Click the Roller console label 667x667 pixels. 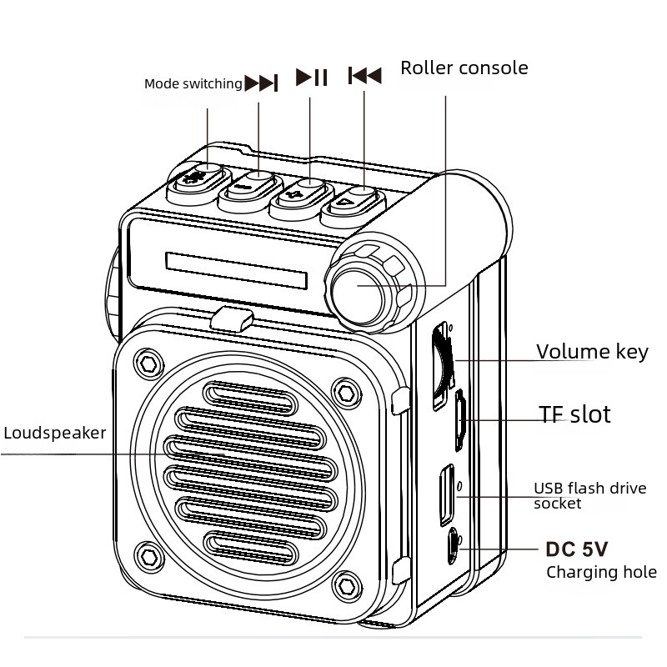[x=464, y=68]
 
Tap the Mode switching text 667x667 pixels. [x=193, y=84]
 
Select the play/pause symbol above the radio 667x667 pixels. [x=311, y=77]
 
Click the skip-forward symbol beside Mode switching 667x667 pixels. [x=261, y=83]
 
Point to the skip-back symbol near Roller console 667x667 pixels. [x=364, y=76]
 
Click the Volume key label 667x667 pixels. [x=592, y=352]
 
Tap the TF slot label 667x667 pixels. [x=574, y=414]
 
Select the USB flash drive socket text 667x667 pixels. [x=590, y=495]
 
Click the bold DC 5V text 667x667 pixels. [x=577, y=549]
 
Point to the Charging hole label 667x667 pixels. [x=601, y=572]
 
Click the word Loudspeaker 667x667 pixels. [x=55, y=433]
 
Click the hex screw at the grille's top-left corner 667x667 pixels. [x=148, y=364]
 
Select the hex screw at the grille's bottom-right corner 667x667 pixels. [x=347, y=587]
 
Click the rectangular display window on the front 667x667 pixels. [x=237, y=270]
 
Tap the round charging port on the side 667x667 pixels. [x=453, y=546]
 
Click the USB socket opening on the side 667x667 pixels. [x=447, y=494]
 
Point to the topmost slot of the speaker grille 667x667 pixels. [x=249, y=399]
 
